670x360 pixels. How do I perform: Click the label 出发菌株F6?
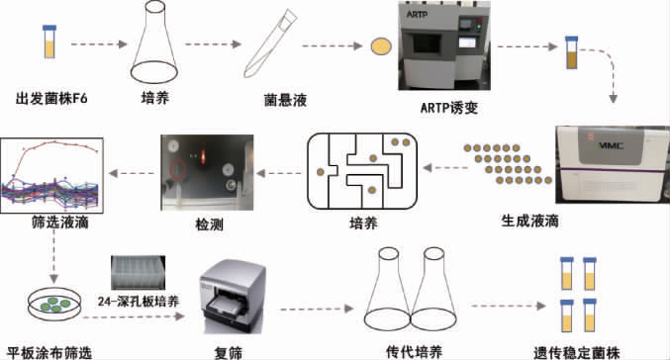coord(51,99)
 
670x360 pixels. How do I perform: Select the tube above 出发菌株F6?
coord(49,42)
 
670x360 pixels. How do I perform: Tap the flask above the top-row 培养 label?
coord(154,42)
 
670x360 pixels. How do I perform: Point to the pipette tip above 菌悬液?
coord(270,44)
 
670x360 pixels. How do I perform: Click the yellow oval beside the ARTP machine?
coord(381,46)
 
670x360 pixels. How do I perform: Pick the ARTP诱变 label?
coord(448,108)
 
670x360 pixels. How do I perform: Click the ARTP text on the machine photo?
coord(417,15)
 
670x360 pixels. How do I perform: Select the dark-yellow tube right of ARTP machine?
coord(572,52)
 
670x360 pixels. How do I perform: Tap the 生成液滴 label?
coord(529,221)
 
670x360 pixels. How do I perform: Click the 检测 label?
coord(210,225)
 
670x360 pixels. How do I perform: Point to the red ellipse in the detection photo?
coord(178,169)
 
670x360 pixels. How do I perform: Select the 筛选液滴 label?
coord(59,223)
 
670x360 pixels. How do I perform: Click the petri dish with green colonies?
coord(54,304)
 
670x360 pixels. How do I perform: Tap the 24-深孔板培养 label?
coord(139,302)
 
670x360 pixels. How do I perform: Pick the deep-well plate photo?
coord(138,272)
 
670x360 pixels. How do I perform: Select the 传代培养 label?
coord(414,352)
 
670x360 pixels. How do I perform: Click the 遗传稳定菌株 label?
coord(576,353)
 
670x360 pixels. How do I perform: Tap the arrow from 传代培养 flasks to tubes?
coord(509,306)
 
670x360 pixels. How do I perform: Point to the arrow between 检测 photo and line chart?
coord(132,173)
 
